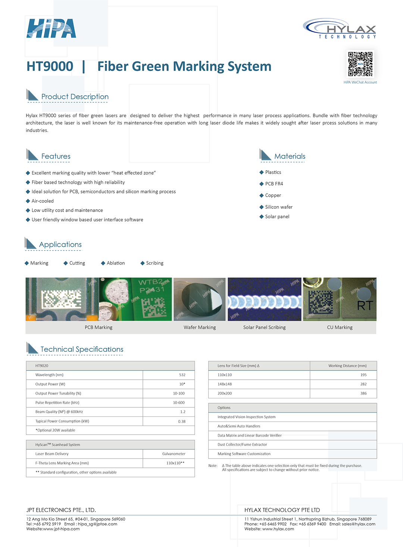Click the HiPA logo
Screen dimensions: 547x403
pyautogui.click(x=51, y=28)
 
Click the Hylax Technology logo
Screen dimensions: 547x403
pyautogui.click(x=340, y=28)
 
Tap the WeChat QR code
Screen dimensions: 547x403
pyautogui.click(x=360, y=64)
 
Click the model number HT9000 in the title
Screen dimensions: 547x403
pyautogui.click(x=50, y=66)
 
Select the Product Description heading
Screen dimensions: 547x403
pyautogui.click(x=75, y=97)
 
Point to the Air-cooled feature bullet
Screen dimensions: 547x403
pyautogui.click(x=43, y=201)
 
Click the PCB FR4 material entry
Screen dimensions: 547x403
pyautogui.click(x=274, y=184)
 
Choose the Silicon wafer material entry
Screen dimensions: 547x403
pyautogui.click(x=278, y=207)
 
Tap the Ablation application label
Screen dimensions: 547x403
pyautogui.click(x=116, y=263)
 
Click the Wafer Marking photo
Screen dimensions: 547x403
pyautogui.click(x=200, y=299)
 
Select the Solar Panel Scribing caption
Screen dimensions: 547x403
pyautogui.click(x=264, y=327)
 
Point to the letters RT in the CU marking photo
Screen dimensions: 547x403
pyautogui.click(x=365, y=306)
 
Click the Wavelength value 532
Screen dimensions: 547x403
pyautogui.click(x=182, y=375)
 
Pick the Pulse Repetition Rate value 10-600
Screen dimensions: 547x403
pyautogui.click(x=179, y=403)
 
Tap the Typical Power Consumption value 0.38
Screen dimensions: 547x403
pyautogui.click(x=182, y=422)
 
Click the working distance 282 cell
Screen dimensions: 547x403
pyautogui.click(x=363, y=384)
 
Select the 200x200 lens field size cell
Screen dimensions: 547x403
pyautogui.click(x=225, y=394)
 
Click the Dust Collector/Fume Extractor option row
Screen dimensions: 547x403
pyautogui.click(x=242, y=445)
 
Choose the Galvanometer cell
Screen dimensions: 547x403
pyautogui.click(x=174, y=454)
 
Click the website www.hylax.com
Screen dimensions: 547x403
pyautogui.click(x=278, y=529)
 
